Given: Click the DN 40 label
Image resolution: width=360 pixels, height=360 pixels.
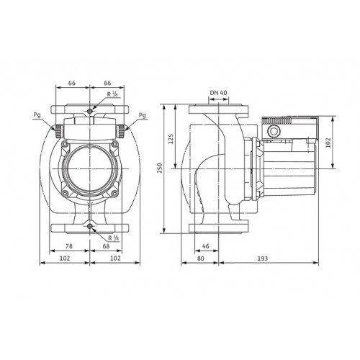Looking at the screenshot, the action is click(x=218, y=93).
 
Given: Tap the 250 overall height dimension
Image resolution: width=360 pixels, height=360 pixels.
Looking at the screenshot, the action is click(x=160, y=168).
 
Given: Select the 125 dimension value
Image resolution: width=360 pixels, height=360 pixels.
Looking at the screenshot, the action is click(x=171, y=139).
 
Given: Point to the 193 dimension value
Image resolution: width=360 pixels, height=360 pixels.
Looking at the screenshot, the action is click(x=263, y=258).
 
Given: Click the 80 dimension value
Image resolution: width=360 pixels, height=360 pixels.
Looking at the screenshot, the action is click(x=201, y=258).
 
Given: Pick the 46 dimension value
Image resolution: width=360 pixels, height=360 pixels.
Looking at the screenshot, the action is click(x=206, y=246).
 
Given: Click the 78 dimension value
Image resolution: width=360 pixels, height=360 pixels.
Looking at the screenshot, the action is click(x=69, y=246).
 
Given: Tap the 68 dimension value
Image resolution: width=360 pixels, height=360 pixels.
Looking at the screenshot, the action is click(x=106, y=246).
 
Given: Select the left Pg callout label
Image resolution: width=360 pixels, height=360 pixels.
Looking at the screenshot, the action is click(x=37, y=115).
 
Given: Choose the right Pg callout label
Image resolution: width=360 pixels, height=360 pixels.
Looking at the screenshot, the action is click(x=143, y=115).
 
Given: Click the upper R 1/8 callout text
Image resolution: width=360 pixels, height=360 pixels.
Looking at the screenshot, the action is click(x=112, y=94).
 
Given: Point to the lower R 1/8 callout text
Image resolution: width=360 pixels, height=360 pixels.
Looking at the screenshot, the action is click(x=114, y=238).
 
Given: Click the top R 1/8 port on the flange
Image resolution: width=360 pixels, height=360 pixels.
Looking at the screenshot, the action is click(x=90, y=111).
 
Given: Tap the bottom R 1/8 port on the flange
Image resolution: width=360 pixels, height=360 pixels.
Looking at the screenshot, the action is click(x=90, y=226).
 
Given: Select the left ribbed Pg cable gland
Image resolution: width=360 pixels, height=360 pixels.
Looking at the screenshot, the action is click(x=58, y=131).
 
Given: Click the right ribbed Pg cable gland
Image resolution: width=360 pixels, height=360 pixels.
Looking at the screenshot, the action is click(x=121, y=131).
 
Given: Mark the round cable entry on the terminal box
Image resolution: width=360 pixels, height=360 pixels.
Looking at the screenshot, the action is click(x=274, y=131).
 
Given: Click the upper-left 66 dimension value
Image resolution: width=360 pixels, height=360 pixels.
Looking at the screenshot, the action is click(x=72, y=83).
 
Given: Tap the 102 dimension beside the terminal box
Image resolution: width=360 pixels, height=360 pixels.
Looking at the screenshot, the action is click(x=328, y=143).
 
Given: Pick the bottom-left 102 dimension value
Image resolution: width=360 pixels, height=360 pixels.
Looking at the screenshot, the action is click(x=65, y=258).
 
